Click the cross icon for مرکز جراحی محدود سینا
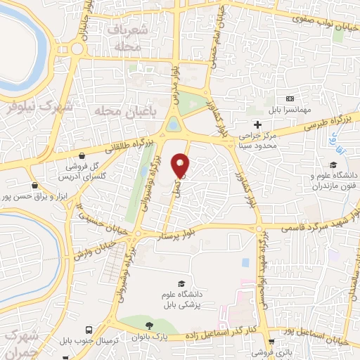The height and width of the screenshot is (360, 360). click(x=257, y=124)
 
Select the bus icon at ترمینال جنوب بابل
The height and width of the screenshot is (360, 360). click(x=89, y=330)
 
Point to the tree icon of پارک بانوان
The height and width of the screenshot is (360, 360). click(x=149, y=326)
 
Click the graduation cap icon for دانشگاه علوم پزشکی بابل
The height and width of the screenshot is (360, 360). click(x=182, y=283)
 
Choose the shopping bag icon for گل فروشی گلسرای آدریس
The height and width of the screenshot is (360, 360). click(x=83, y=155)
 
